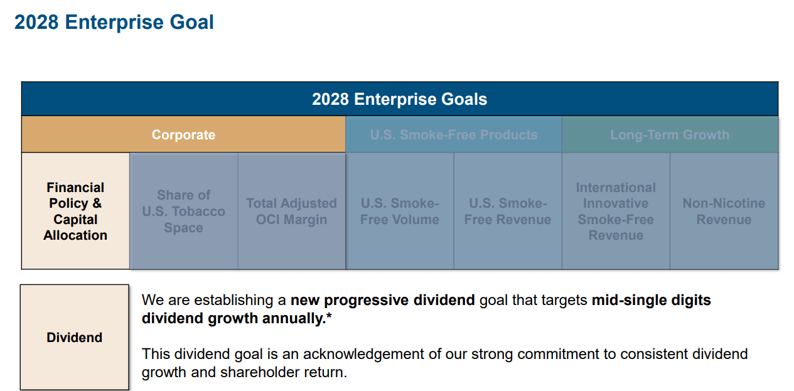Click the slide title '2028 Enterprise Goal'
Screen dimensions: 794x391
pos(114,23)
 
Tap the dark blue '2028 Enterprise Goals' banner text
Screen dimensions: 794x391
pos(399,99)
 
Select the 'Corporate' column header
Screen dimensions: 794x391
pos(183,135)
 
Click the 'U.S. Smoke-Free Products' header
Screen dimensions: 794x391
pos(454,135)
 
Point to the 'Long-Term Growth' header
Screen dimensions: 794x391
pos(670,135)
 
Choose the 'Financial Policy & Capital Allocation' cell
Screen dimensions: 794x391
pos(75,211)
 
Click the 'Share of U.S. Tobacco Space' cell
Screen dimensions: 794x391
pos(184,211)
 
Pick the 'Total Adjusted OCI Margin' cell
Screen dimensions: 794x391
pos(291,211)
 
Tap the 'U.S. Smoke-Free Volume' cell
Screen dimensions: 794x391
pos(400,211)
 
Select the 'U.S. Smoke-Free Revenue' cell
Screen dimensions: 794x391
pos(508,211)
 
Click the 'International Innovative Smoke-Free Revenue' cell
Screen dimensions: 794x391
pos(616,211)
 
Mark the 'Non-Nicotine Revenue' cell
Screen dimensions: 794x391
pos(724,211)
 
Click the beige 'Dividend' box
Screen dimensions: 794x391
pos(75,337)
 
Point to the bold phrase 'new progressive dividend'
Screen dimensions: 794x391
pos(382,300)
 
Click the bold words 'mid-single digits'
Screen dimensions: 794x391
pos(651,300)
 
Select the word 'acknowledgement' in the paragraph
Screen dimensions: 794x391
pos(363,354)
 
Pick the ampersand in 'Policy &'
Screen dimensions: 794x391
pos(97,203)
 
